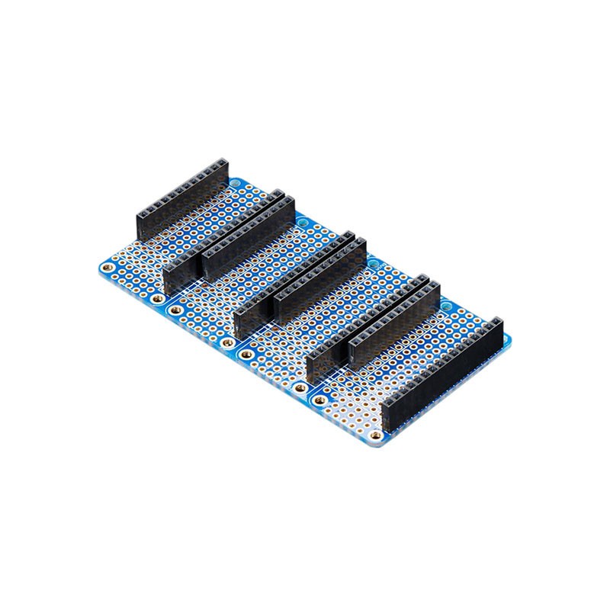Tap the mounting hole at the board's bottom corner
tap(375, 435)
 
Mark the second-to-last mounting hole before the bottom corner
tap(319, 400)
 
